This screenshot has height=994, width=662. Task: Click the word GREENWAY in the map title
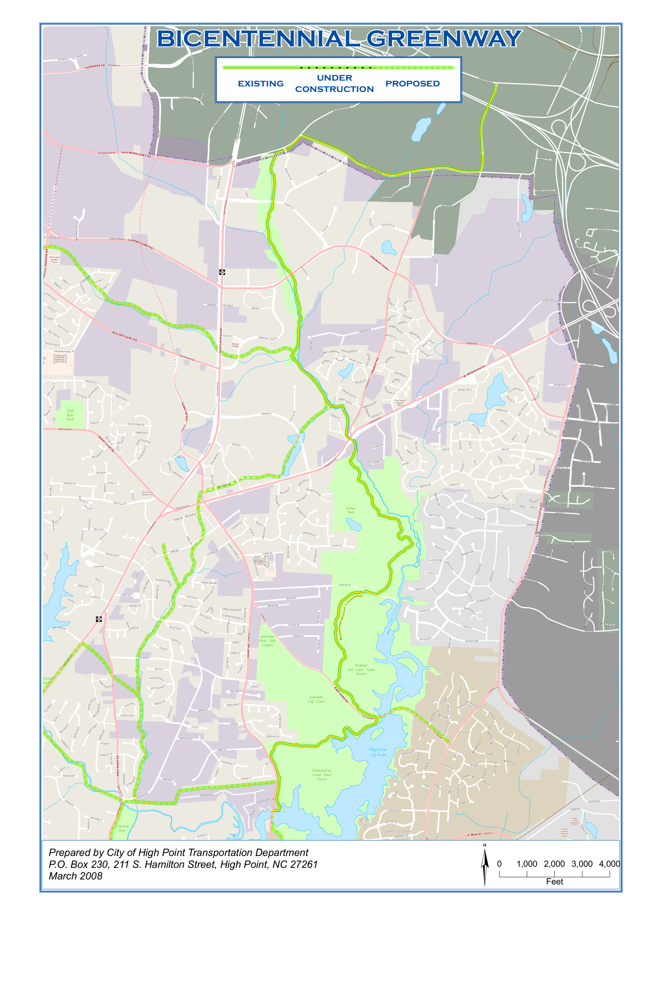point(444,39)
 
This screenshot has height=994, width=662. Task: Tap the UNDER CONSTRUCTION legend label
point(334,83)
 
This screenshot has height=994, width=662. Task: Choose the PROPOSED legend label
point(412,84)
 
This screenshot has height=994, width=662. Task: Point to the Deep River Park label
point(70,415)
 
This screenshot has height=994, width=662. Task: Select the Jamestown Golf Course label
point(316,699)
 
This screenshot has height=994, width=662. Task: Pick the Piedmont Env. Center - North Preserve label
point(361,669)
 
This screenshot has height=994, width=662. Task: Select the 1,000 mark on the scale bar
point(527,864)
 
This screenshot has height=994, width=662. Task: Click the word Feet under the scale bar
point(554,882)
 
